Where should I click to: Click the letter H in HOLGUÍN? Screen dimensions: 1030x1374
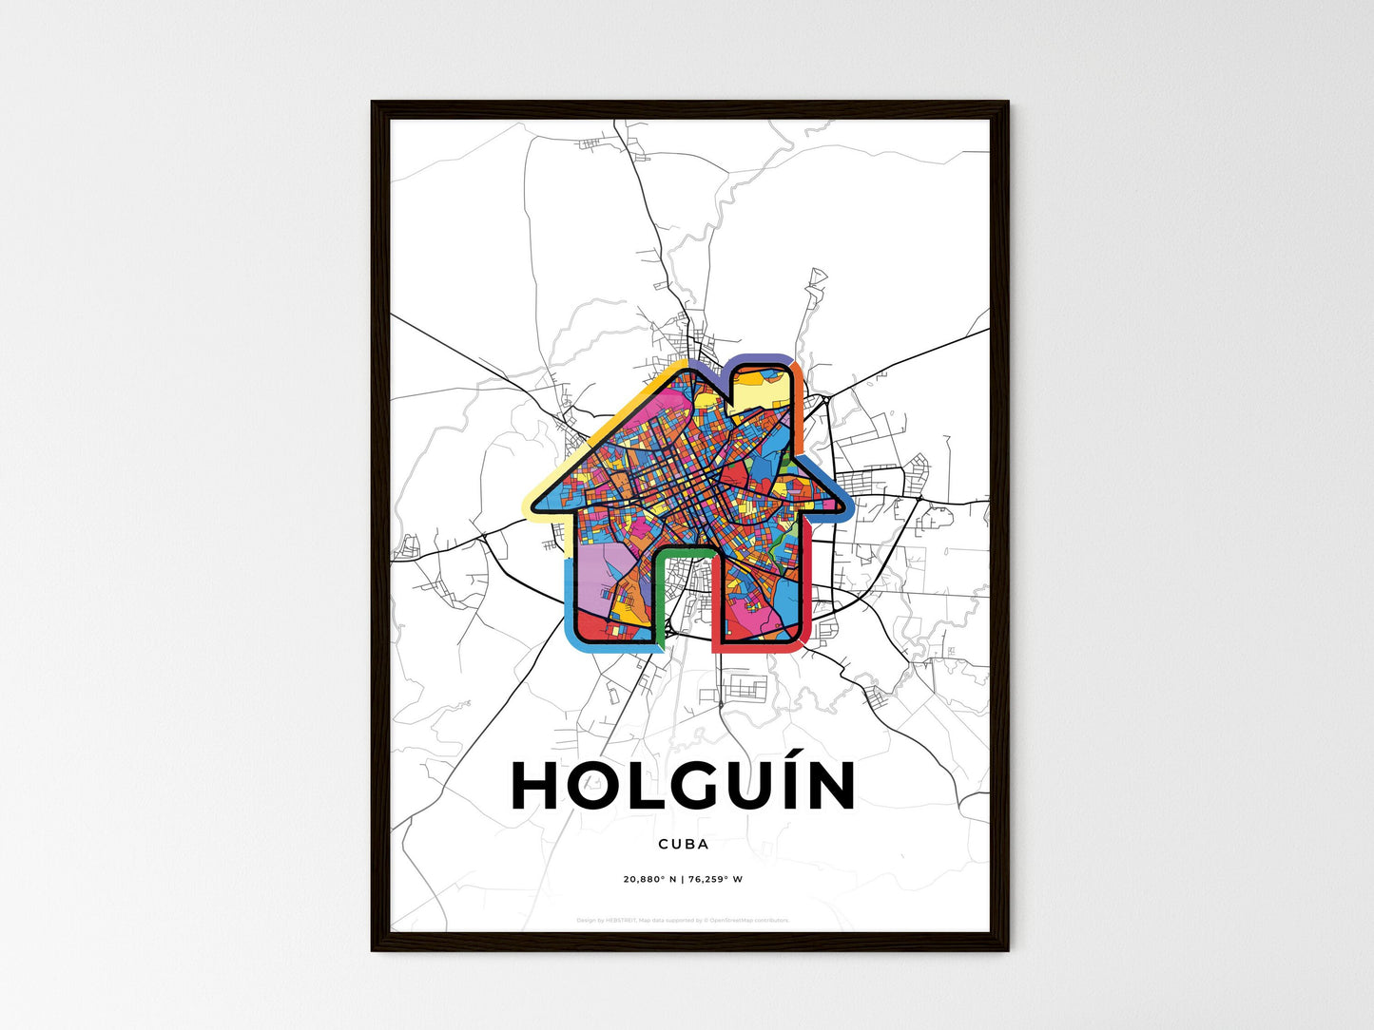coord(538,786)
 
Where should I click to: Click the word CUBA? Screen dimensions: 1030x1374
coord(683,844)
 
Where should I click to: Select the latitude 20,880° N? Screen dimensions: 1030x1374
coord(649,879)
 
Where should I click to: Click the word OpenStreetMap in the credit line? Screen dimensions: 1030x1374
coord(740,920)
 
